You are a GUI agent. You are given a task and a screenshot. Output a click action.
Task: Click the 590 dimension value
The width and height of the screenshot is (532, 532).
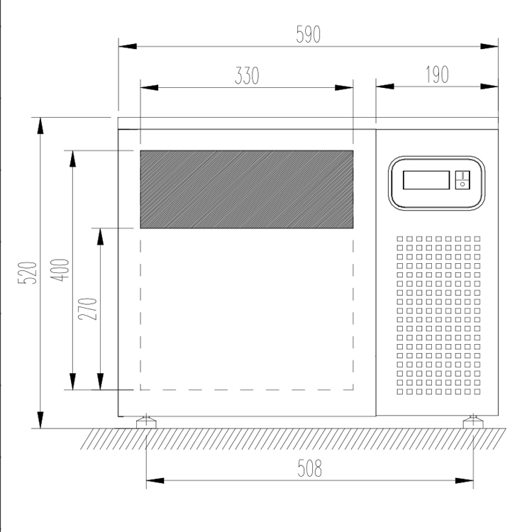click(x=308, y=34)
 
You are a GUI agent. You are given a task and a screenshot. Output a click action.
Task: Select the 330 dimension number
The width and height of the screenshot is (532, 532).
click(x=247, y=75)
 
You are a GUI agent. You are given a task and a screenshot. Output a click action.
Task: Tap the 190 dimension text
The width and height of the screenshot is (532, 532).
click(x=438, y=74)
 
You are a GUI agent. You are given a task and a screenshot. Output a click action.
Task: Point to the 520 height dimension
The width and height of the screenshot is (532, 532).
click(x=27, y=272)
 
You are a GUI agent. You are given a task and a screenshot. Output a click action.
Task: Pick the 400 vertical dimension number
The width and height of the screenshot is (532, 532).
click(x=60, y=270)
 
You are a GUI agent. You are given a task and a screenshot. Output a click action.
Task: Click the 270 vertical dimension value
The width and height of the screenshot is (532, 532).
click(x=87, y=309)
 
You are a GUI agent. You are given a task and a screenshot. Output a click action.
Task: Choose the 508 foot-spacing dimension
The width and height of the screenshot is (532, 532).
click(x=309, y=468)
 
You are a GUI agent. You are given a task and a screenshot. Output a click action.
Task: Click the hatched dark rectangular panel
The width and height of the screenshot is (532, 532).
click(x=247, y=189)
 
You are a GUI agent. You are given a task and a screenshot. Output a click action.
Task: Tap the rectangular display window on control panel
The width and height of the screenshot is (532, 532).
click(x=426, y=180)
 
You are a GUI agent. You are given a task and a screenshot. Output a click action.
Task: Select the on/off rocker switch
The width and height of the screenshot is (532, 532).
click(x=462, y=180)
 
